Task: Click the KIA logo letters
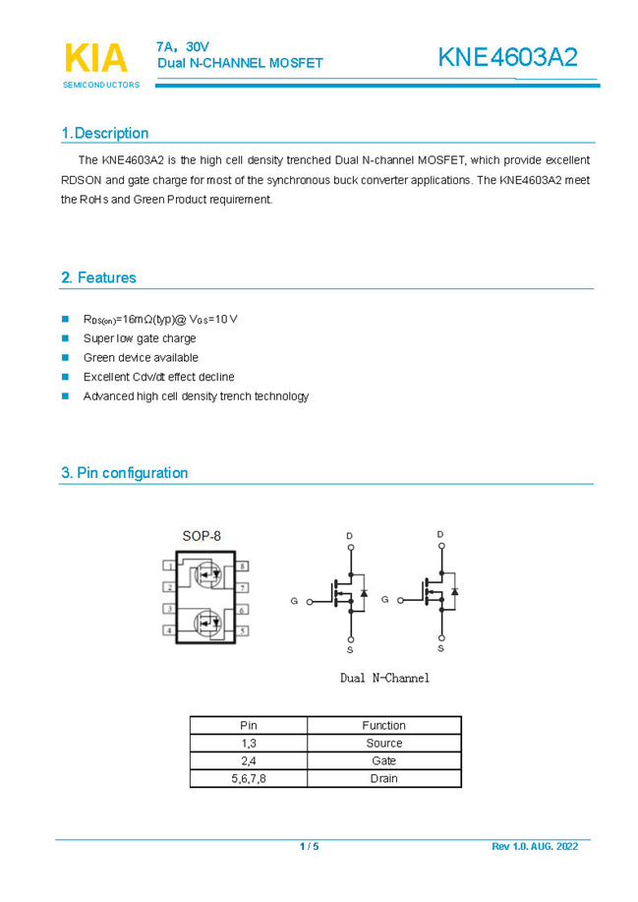pos(95,58)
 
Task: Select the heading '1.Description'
pos(104,133)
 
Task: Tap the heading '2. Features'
pos(98,277)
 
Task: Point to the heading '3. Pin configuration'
pos(124,472)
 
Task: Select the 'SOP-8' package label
pos(202,536)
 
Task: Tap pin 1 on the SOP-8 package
pos(170,567)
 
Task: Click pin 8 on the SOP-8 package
pos(242,567)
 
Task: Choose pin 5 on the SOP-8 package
pos(242,630)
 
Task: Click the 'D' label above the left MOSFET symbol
pos(349,536)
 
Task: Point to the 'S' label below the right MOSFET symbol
pos(440,648)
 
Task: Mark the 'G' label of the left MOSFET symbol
pos(294,600)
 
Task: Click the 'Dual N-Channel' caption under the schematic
pos(384,678)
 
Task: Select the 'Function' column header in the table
pos(383,725)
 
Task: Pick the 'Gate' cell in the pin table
pos(383,760)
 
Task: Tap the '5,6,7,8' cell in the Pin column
pos(249,778)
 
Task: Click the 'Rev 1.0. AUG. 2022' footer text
pos(535,847)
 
